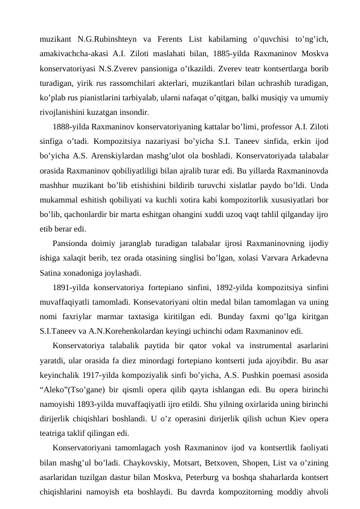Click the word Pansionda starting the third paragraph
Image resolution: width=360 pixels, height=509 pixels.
coord(72,244)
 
